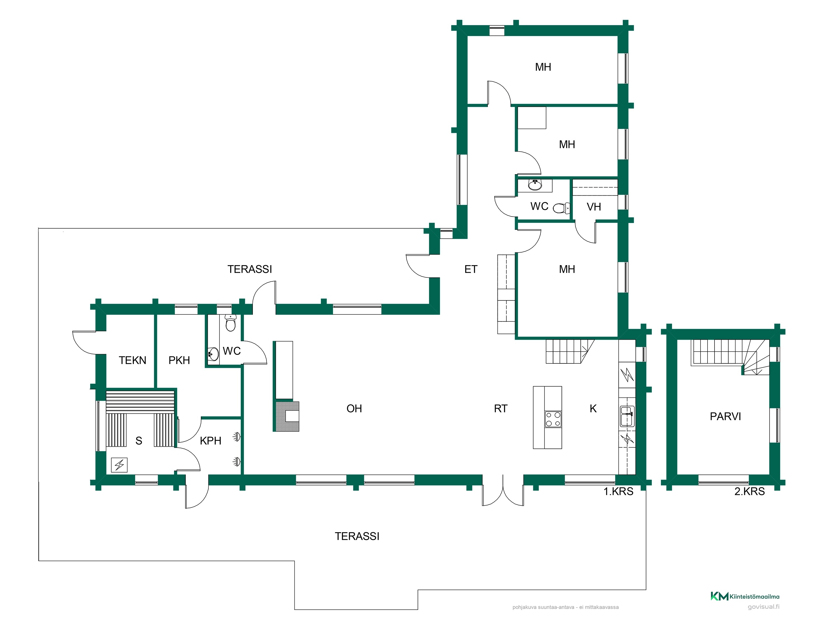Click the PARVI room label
tap(725, 416)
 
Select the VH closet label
tap(594, 207)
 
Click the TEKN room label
tap(132, 360)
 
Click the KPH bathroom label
tap(210, 441)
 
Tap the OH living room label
tap(354, 408)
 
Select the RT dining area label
tap(501, 408)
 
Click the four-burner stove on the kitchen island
tap(553, 419)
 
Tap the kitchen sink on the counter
tap(627, 416)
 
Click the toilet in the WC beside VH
tap(561, 208)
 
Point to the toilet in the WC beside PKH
tap(230, 323)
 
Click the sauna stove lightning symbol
tap(119, 465)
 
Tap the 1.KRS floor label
tap(618, 491)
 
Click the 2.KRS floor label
tap(749, 491)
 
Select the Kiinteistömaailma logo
tap(745, 596)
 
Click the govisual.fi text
tap(763, 607)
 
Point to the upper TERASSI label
tap(250, 269)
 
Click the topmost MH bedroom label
tap(543, 67)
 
